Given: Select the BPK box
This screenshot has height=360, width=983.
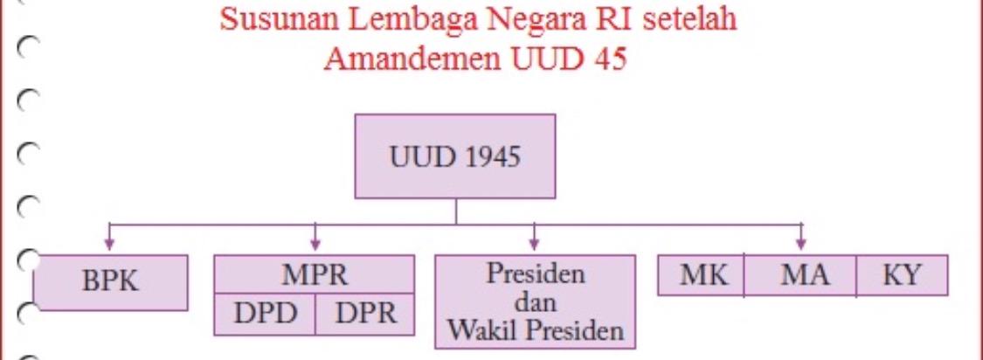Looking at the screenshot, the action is tap(110, 283).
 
